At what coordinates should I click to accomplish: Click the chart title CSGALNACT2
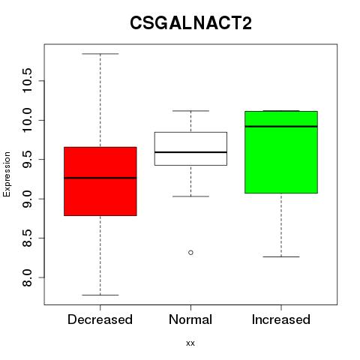pos(190,22)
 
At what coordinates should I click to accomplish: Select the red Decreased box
pos(100,181)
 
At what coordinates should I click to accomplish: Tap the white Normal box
pos(190,148)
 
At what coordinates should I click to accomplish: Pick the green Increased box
pos(281,152)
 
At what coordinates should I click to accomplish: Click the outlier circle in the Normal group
pos(190,253)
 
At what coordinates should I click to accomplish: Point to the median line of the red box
pos(100,178)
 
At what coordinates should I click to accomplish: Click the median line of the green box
pos(281,127)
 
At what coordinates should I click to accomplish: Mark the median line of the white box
pos(190,152)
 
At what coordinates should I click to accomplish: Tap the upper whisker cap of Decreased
pos(100,54)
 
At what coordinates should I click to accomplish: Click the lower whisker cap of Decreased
pos(100,295)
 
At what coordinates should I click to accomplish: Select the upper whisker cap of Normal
pos(190,111)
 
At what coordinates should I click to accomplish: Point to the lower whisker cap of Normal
pos(190,196)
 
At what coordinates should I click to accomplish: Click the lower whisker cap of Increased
pos(281,256)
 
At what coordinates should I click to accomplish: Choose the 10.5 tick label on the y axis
pos(27,80)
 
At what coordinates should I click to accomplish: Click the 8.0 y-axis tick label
pos(27,277)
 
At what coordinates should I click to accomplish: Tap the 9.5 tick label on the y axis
pos(27,160)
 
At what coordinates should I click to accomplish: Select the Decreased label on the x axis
pos(100,319)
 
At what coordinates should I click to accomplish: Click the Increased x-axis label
pos(281,319)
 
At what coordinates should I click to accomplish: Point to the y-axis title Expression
pos(7,174)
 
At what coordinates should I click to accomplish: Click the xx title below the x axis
pos(190,343)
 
